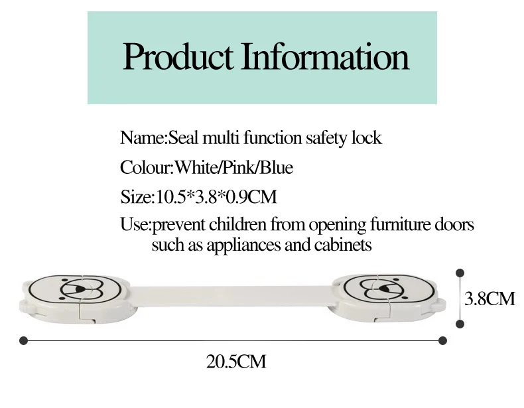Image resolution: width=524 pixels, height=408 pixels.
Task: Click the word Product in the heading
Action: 178,56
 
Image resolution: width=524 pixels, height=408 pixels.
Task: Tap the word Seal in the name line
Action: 183,137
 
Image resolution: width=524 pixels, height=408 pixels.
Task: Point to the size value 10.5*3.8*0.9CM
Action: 216,196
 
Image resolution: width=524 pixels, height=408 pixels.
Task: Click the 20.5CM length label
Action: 236,362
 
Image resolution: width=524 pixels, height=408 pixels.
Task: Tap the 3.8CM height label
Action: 490,299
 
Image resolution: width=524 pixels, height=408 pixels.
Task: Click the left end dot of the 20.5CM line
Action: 23,340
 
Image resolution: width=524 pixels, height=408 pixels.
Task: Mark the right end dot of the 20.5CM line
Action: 442,340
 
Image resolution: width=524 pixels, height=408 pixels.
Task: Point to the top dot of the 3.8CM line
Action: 460,273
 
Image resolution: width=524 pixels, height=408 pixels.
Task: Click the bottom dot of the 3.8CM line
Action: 460,324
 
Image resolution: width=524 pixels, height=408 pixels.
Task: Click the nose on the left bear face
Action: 80,289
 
